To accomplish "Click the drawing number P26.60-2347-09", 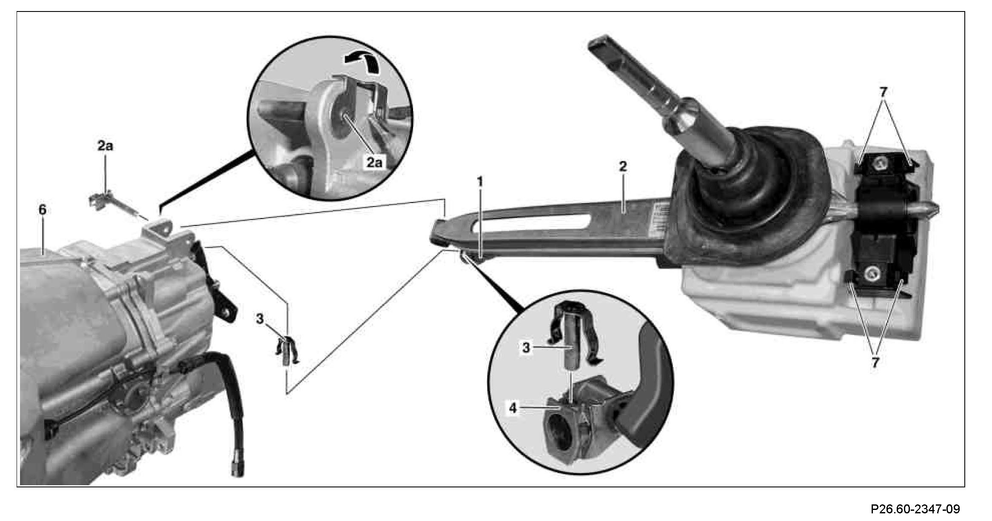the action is click(915, 509).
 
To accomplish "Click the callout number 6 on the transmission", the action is click(42, 210).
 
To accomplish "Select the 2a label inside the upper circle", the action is click(374, 163).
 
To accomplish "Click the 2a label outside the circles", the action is click(105, 146).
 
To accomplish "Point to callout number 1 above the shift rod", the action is click(480, 182).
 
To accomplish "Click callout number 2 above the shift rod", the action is click(623, 166).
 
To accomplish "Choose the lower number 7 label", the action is click(875, 363).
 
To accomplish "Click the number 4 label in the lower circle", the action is click(513, 408).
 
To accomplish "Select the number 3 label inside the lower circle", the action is click(526, 348).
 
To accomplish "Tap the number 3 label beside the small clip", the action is click(260, 319).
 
